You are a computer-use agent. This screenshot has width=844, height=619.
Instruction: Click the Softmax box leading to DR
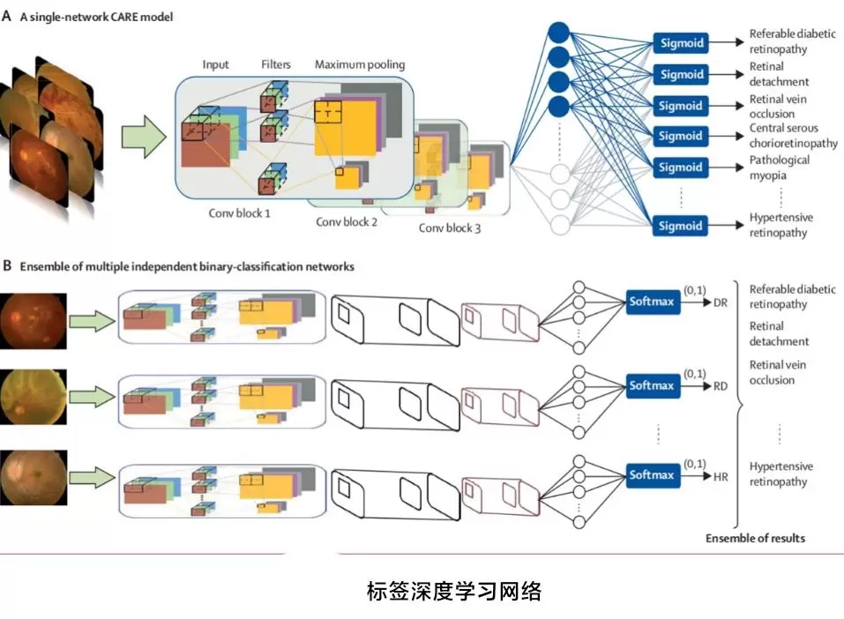tap(651, 302)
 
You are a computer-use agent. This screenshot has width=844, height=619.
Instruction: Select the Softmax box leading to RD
tap(651, 385)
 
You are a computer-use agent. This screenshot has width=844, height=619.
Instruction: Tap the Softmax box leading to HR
tap(651, 475)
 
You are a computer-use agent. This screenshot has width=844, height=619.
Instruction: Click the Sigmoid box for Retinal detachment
tap(679, 74)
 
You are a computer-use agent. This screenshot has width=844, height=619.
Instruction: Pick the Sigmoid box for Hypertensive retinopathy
tap(679, 226)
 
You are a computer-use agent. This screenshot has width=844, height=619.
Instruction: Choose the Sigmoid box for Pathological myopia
tap(679, 168)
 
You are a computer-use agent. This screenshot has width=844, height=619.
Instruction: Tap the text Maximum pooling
tap(360, 64)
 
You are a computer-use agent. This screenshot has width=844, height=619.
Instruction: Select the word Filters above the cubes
tap(276, 64)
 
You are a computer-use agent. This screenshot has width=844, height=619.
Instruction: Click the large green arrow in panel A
tap(143, 137)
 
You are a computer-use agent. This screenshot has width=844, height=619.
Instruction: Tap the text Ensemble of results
tap(755, 538)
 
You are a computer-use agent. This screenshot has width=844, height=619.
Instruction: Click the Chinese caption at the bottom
tap(453, 591)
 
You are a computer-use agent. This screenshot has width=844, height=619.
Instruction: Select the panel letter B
tap(7, 265)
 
